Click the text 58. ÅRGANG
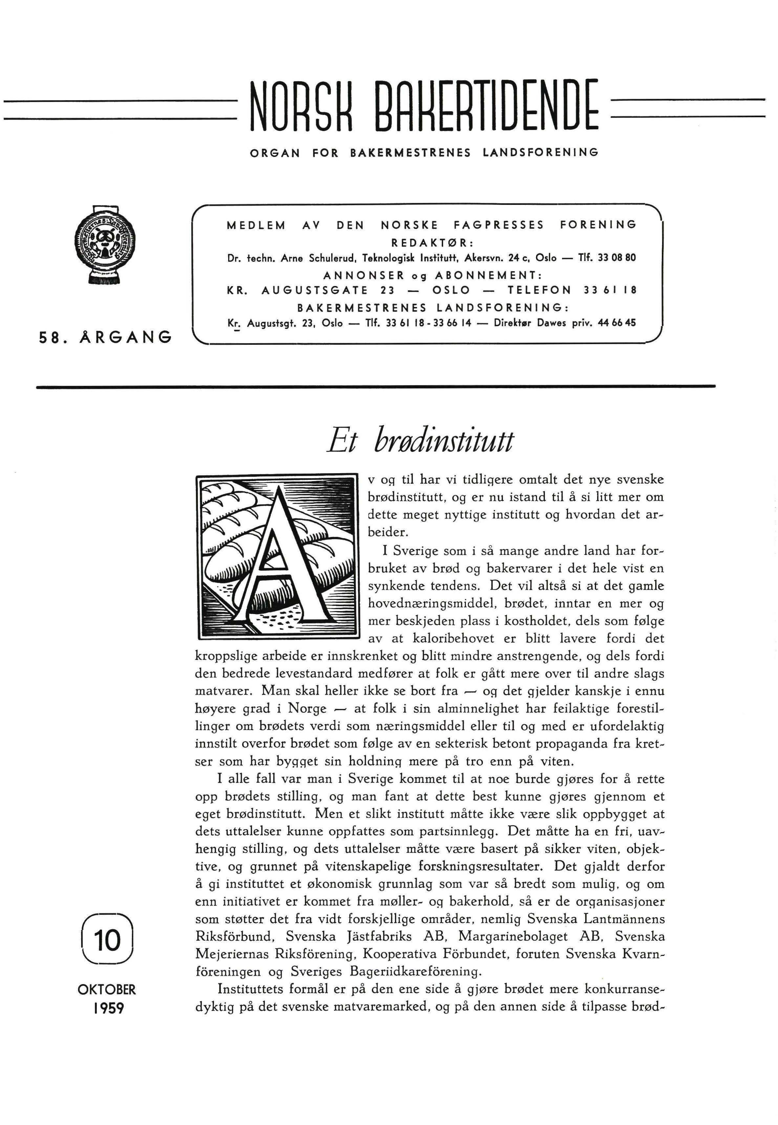click(105, 337)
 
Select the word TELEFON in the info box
click(539, 290)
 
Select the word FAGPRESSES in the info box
click(499, 225)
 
